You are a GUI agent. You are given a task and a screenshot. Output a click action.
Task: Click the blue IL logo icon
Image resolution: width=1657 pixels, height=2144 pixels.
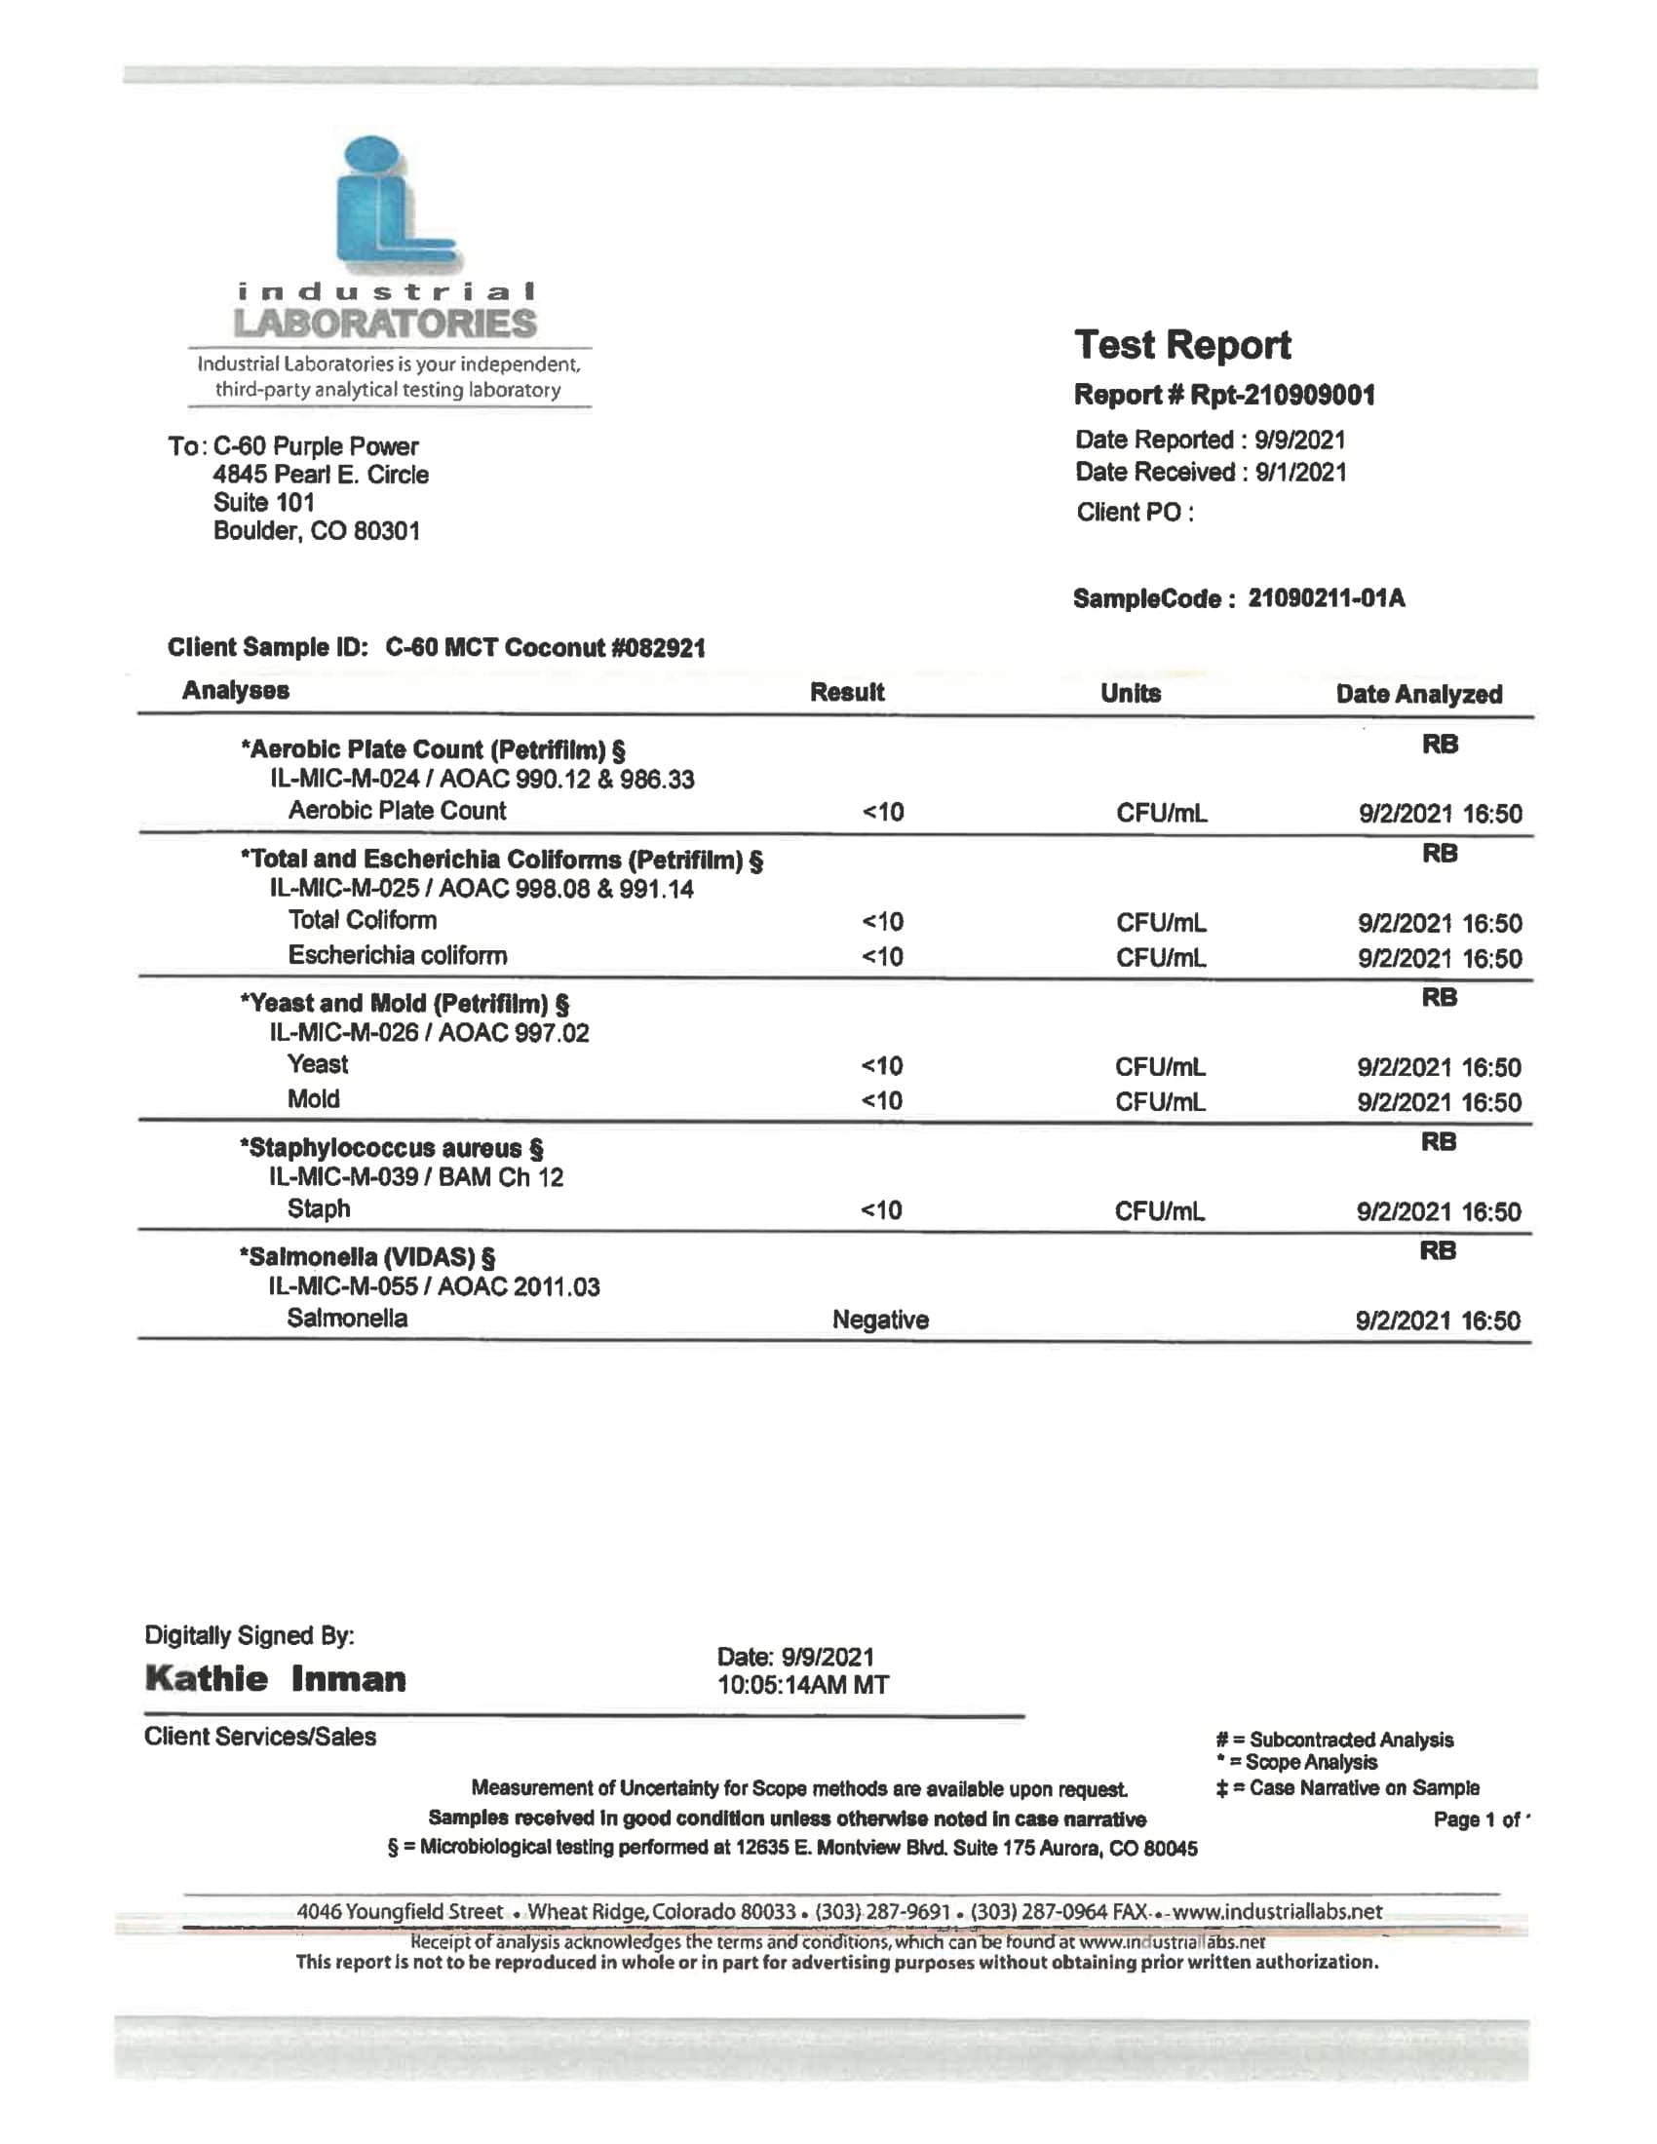[394, 205]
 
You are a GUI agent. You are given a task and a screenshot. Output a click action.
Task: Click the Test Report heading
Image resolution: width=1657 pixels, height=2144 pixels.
[1182, 345]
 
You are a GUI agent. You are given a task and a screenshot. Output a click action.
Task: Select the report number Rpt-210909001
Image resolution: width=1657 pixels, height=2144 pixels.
[1281, 395]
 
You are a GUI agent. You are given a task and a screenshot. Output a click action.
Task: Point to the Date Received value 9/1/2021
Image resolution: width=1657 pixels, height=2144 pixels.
[1299, 473]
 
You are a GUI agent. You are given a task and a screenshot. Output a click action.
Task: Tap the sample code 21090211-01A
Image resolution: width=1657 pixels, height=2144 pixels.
[1326, 597]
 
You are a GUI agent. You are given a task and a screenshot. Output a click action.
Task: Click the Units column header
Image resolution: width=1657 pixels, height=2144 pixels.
[1130, 693]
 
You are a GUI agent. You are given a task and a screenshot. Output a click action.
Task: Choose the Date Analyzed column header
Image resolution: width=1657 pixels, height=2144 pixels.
[1418, 694]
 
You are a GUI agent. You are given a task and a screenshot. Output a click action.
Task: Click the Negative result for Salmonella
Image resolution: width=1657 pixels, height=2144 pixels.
[879, 1320]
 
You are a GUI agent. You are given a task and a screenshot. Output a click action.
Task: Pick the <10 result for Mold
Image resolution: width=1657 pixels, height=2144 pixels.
[881, 1100]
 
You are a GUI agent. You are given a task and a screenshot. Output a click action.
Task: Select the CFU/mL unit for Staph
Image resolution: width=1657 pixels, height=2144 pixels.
[1159, 1211]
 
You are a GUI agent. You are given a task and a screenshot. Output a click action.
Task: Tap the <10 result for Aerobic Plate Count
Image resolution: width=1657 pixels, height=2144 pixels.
[882, 812]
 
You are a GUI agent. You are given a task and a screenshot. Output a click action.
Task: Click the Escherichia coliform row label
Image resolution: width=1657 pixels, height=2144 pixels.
[398, 955]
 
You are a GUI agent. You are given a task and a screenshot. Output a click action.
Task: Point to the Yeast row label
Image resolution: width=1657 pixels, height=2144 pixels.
[317, 1064]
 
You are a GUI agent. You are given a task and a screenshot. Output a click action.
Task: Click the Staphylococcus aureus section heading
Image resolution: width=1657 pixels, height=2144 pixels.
[391, 1148]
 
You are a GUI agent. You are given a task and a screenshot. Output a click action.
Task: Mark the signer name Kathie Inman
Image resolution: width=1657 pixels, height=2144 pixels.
[275, 1679]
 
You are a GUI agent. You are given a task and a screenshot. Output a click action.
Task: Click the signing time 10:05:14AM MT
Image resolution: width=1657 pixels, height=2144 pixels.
[802, 1686]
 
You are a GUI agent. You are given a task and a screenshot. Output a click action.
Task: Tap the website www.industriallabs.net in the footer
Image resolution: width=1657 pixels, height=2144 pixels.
[1277, 1911]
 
